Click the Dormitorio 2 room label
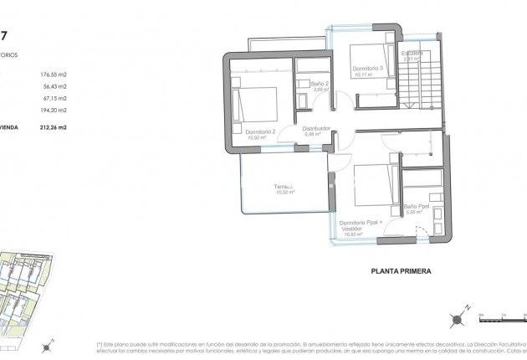tap(248, 131)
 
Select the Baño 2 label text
tap(318, 85)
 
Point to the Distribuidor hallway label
tap(317, 129)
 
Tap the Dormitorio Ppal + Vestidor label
tap(361, 222)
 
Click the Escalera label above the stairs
tap(410, 54)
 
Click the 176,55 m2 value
tap(53, 74)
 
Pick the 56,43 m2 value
tap(53, 85)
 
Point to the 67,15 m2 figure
tap(53, 98)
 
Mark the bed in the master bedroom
tap(372, 183)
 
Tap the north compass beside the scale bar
tap(458, 318)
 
